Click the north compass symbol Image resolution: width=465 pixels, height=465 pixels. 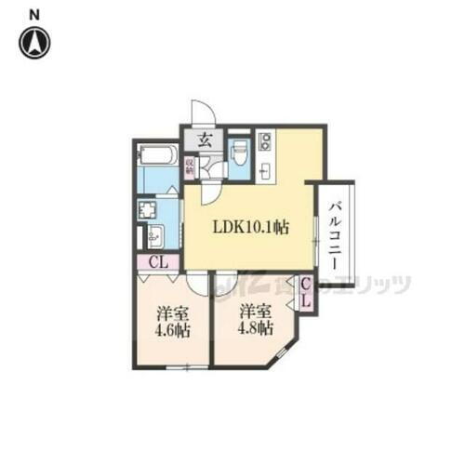point(34,41)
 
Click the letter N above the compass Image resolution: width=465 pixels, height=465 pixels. point(34,14)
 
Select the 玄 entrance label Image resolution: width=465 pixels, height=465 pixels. point(205,140)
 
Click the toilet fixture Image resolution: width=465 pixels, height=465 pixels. point(238,150)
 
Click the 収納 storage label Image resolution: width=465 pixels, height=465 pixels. point(191,166)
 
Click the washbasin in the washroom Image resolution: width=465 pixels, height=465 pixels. point(153,234)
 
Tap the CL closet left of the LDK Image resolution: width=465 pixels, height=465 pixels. point(158,261)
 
